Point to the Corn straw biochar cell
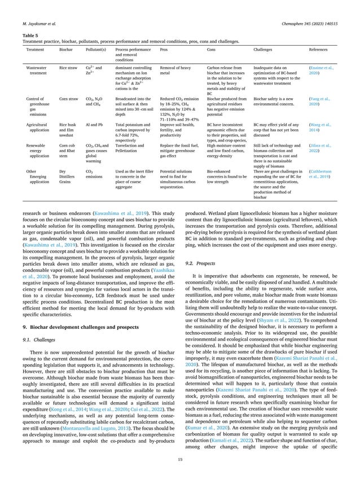(x=69, y=99)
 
